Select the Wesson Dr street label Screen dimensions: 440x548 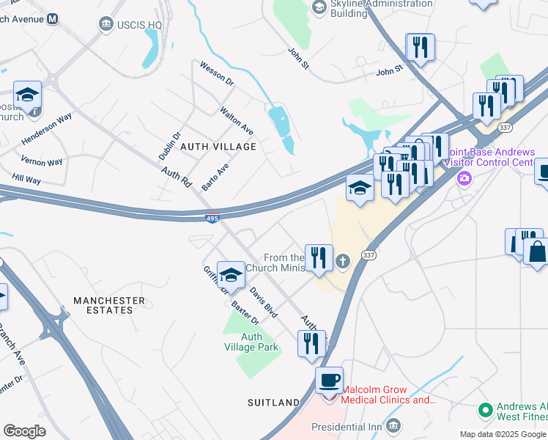(x=216, y=74)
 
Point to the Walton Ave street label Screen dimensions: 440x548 (x=237, y=120)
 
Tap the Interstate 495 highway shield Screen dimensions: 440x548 (x=212, y=218)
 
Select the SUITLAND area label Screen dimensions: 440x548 (x=273, y=403)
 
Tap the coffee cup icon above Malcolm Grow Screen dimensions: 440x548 (x=329, y=380)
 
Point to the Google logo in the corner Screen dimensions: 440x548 (x=24, y=431)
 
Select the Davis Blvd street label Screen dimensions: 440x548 (x=263, y=301)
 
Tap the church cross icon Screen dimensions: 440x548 (x=342, y=261)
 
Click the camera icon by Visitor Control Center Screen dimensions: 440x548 (x=463, y=178)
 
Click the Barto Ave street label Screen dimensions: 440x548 (x=215, y=177)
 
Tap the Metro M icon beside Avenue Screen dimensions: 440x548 (x=52, y=18)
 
